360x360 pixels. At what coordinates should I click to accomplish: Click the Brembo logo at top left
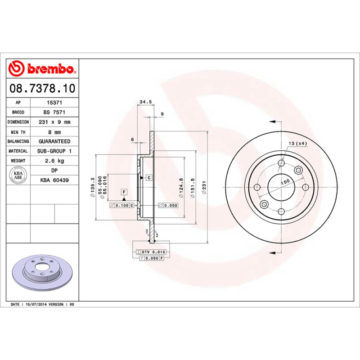pyautogui.click(x=42, y=69)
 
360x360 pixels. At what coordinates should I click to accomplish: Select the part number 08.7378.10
pyautogui.click(x=42, y=88)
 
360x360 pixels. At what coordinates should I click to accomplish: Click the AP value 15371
pyautogui.click(x=54, y=103)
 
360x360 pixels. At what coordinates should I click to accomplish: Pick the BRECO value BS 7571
pyautogui.click(x=54, y=112)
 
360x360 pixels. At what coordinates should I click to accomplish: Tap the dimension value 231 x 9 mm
pyautogui.click(x=54, y=122)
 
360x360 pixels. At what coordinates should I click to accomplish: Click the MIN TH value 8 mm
pyautogui.click(x=54, y=132)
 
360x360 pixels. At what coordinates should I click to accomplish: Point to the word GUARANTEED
pyautogui.click(x=54, y=141)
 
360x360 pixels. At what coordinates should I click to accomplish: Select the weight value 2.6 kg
pyautogui.click(x=54, y=161)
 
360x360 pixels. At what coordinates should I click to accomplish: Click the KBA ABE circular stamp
pyautogui.click(x=18, y=175)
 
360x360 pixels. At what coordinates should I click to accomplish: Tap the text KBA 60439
pyautogui.click(x=54, y=180)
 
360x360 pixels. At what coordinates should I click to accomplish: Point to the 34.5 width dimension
pyautogui.click(x=145, y=102)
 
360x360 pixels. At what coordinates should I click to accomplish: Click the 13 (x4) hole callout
pyautogui.click(x=297, y=144)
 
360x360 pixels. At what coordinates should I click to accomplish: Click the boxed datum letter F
pyautogui.click(x=123, y=192)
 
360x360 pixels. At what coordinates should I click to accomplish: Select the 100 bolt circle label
pyautogui.click(x=285, y=182)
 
